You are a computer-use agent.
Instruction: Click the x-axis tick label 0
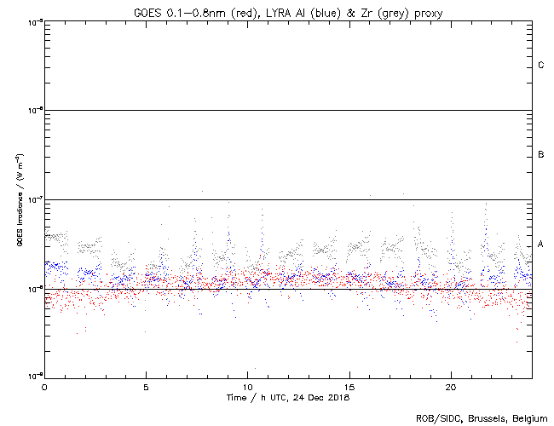(44, 386)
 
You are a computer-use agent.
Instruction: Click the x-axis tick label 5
(146, 386)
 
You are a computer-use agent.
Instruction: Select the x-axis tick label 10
(247, 386)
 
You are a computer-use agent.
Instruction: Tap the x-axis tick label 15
(349, 386)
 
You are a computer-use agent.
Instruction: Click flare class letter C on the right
(540, 66)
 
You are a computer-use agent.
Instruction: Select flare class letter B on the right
(540, 155)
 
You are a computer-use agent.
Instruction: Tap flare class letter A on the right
(540, 245)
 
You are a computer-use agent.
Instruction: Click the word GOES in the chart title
(148, 11)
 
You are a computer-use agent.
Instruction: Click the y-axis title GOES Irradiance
(19, 200)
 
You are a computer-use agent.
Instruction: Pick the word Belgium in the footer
(529, 417)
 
